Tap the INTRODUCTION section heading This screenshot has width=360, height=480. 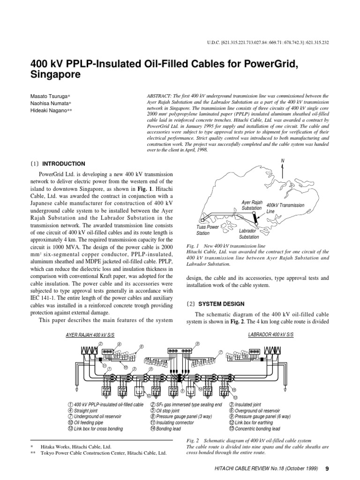[64, 164]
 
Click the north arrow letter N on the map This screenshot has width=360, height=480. [283, 161]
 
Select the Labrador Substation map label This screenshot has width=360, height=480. [249, 234]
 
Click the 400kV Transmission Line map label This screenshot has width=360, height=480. [285, 208]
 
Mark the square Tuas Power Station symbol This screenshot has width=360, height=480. [202, 219]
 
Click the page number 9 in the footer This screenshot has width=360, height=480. [327, 469]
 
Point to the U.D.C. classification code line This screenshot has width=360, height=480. [268, 43]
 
